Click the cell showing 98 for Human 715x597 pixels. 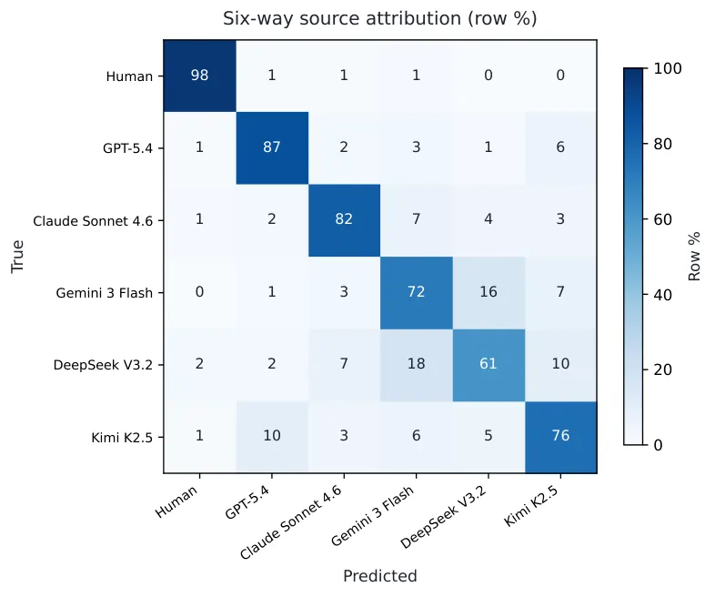[x=200, y=76]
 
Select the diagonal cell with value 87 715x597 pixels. [x=272, y=147]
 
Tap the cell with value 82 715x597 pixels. [x=344, y=220]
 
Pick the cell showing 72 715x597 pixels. [x=417, y=292]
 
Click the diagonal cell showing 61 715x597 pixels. [x=488, y=365]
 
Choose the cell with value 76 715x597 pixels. [x=561, y=437]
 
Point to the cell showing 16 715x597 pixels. [x=488, y=292]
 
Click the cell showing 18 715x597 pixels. [x=417, y=365]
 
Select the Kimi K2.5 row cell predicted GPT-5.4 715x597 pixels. [x=272, y=437]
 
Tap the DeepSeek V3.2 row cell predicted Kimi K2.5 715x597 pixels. [x=561, y=365]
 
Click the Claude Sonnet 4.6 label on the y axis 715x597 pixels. [x=93, y=221]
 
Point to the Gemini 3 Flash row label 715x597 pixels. [x=105, y=293]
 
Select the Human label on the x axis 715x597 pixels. [x=176, y=501]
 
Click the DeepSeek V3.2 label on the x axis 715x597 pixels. [x=444, y=517]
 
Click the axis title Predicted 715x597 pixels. [x=380, y=576]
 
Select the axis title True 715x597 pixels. [x=17, y=257]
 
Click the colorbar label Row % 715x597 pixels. [x=694, y=257]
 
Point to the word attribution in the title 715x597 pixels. [x=413, y=19]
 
